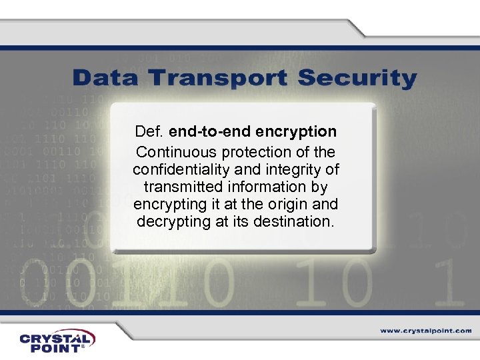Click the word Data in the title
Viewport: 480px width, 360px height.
[107, 78]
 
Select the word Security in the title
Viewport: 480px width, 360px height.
[357, 79]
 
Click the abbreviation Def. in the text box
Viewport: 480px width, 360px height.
[149, 131]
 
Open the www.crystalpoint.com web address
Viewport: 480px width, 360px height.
[426, 330]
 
